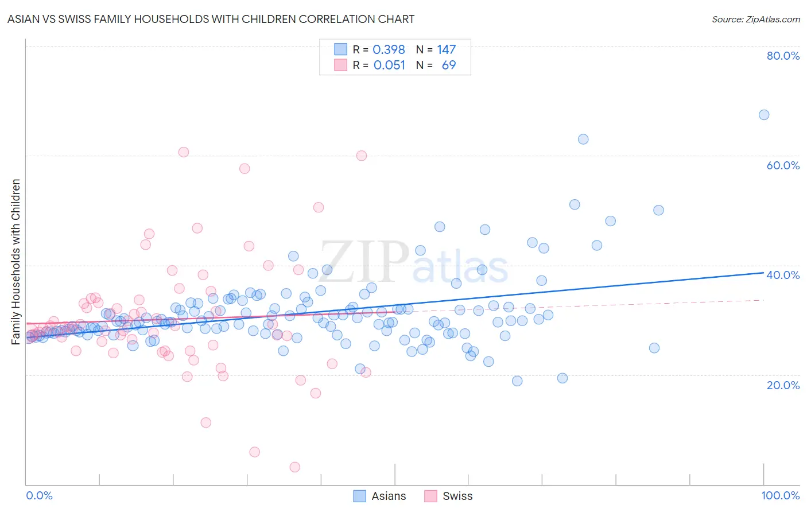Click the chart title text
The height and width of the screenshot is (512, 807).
pyautogui.click(x=211, y=19)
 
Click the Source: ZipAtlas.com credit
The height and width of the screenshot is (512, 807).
pyautogui.click(x=755, y=19)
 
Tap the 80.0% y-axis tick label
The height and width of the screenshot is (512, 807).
pyautogui.click(x=783, y=56)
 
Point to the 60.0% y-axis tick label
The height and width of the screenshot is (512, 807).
pyautogui.click(x=783, y=165)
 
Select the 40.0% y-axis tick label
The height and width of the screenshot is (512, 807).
pyautogui.click(x=783, y=275)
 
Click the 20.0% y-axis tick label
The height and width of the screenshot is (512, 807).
pyautogui.click(x=783, y=385)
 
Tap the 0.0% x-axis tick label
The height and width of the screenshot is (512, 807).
pyautogui.click(x=39, y=495)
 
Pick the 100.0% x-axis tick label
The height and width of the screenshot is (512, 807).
pyautogui.click(x=780, y=495)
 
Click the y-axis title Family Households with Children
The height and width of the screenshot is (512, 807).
pyautogui.click(x=15, y=262)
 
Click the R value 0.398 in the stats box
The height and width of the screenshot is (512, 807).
pyautogui.click(x=389, y=50)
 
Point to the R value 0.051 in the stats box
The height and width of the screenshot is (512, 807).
pyautogui.click(x=389, y=65)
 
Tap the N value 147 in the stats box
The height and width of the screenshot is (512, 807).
pyautogui.click(x=446, y=50)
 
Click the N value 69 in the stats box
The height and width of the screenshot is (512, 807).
pyautogui.click(x=448, y=65)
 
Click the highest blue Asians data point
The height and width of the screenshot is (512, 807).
pyautogui.click(x=764, y=115)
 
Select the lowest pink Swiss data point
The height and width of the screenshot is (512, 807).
pyautogui.click(x=295, y=467)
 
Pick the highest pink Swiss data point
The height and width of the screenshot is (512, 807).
pyautogui.click(x=184, y=152)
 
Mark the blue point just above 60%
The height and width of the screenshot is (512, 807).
pyautogui.click(x=583, y=139)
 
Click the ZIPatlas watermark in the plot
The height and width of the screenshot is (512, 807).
pyautogui.click(x=414, y=263)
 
